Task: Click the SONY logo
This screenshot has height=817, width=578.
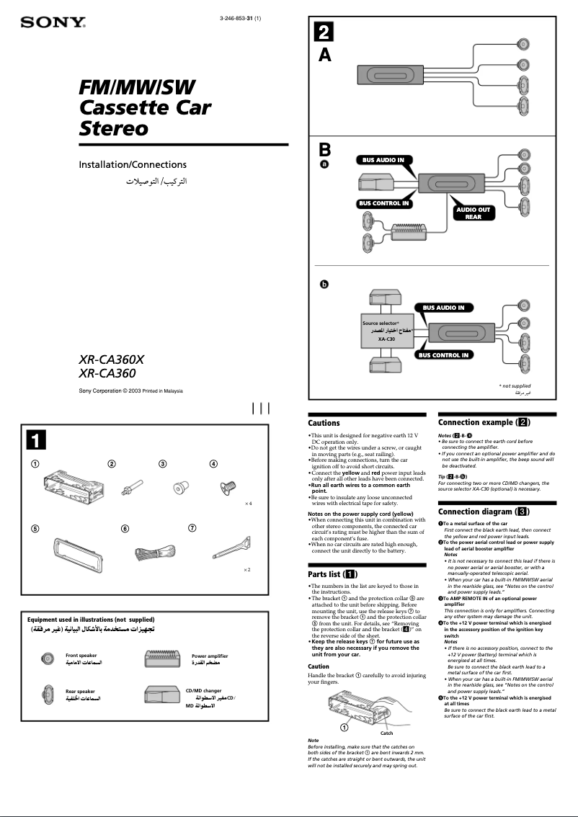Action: (x=53, y=22)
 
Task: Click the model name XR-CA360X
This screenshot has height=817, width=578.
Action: (x=117, y=358)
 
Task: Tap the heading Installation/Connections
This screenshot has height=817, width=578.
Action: (x=132, y=164)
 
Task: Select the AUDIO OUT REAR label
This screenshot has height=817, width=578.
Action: (x=473, y=213)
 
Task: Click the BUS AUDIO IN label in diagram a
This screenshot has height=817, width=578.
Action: (x=383, y=160)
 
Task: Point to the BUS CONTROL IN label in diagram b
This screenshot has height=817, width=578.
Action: (x=445, y=355)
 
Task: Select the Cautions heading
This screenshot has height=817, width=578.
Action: (x=324, y=423)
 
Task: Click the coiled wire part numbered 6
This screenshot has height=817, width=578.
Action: (x=151, y=553)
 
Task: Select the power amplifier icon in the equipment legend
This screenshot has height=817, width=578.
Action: (x=166, y=663)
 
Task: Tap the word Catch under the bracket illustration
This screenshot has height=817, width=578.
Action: (x=386, y=733)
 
